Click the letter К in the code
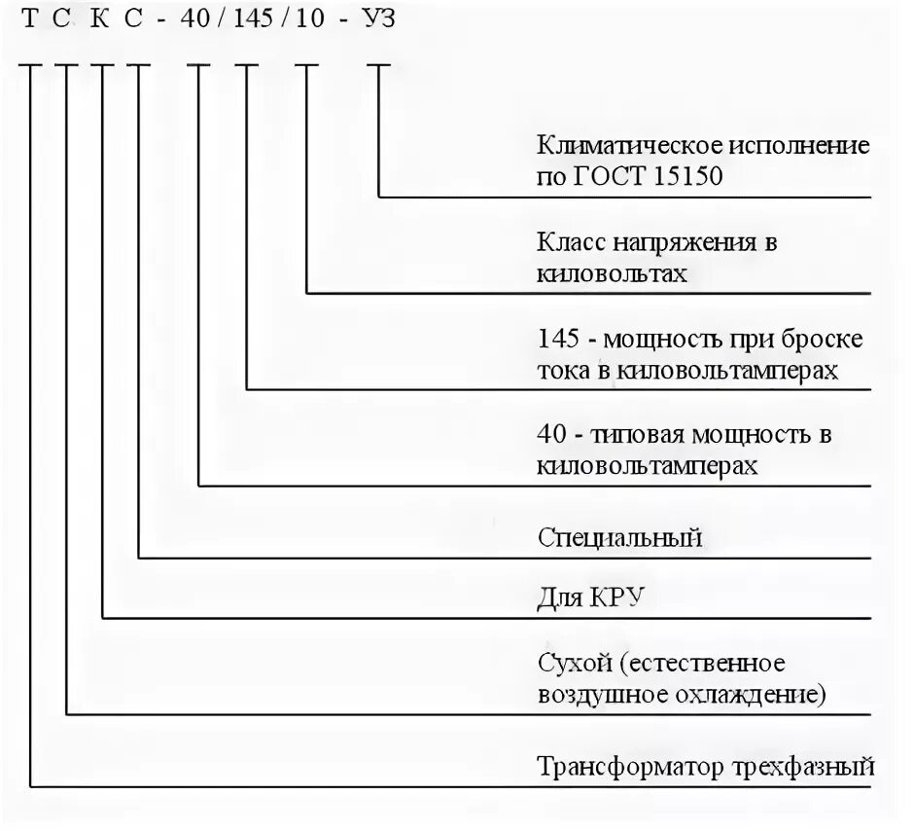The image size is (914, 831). [102, 20]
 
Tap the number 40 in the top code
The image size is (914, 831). [200, 20]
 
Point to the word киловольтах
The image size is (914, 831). [611, 273]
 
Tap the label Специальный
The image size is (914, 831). [619, 537]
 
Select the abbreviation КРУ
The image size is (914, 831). [614, 596]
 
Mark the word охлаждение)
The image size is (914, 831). [768, 695]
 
